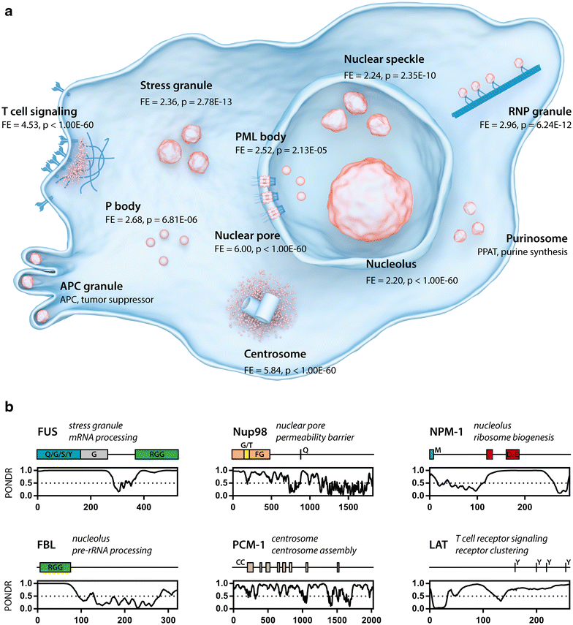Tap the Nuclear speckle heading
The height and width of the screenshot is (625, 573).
point(383,58)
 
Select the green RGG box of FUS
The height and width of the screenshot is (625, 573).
point(156,454)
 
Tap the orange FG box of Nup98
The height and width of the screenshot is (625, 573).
point(259,454)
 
